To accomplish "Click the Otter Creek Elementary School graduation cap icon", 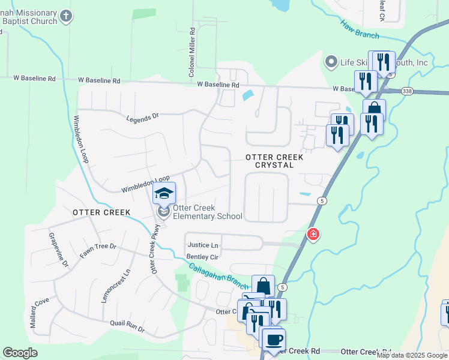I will pos(164,194).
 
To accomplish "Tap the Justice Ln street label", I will pos(203,245).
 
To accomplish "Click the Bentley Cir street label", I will pos(201,257).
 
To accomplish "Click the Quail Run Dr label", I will pos(127,325).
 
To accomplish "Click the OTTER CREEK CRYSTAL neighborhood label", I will pos(270,161).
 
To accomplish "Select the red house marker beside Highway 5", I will pos(313,235).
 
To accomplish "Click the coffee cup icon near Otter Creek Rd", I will pos(274,340).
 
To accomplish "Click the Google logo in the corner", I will pos(20,353).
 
